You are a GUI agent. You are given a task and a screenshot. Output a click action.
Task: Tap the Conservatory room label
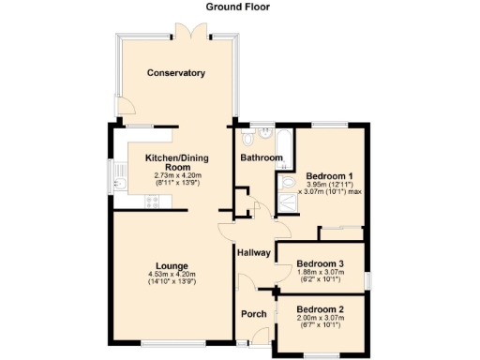point(175,73)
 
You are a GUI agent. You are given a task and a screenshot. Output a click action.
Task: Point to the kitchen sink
point(119,176)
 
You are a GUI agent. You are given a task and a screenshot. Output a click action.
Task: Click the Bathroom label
point(262,158)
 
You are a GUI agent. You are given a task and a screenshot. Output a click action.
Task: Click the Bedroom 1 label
point(329,176)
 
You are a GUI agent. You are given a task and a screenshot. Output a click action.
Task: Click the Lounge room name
point(171,265)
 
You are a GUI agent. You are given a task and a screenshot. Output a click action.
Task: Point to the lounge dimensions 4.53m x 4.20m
point(171,274)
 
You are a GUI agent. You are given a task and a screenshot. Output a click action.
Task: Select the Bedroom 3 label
point(320,264)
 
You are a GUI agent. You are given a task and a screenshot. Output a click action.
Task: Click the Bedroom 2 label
point(320,309)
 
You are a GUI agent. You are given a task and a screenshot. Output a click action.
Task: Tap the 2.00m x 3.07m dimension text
point(320,319)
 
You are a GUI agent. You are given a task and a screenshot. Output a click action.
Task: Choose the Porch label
point(254,313)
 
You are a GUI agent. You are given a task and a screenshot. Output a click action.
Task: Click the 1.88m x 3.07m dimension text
point(320,274)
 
